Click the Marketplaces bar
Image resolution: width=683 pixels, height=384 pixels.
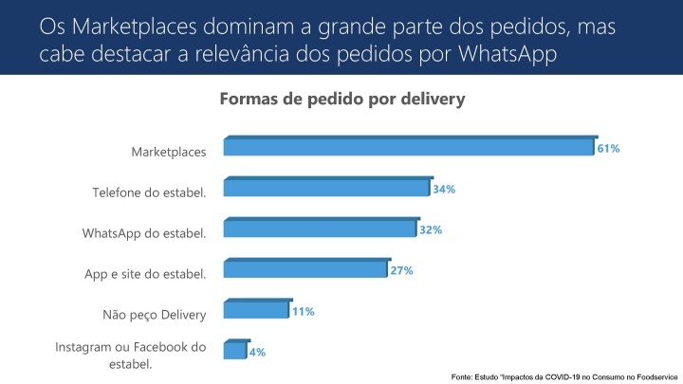click(409, 147)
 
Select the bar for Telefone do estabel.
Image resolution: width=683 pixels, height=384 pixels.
click(327, 188)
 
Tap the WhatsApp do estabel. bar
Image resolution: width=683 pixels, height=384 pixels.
click(320, 229)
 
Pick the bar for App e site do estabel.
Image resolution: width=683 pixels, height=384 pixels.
click(305, 269)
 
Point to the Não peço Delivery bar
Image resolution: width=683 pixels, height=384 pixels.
click(256, 310)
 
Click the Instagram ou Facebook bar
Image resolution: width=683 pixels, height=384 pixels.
click(235, 351)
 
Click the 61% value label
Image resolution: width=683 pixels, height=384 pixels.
click(608, 149)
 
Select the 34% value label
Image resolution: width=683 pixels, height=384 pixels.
click(444, 190)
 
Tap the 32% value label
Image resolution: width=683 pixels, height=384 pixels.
click(430, 230)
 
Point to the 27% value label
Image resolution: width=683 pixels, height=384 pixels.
click(401, 271)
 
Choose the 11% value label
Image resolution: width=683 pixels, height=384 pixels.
click(304, 311)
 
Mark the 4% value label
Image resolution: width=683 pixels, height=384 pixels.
click(257, 352)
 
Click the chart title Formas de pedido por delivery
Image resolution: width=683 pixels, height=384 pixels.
click(342, 99)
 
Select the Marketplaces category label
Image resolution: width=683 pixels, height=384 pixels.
click(168, 153)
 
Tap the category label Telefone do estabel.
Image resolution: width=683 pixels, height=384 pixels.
click(149, 193)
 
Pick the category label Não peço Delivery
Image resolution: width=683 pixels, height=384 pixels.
click(154, 315)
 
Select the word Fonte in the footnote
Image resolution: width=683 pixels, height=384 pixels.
click(462, 376)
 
